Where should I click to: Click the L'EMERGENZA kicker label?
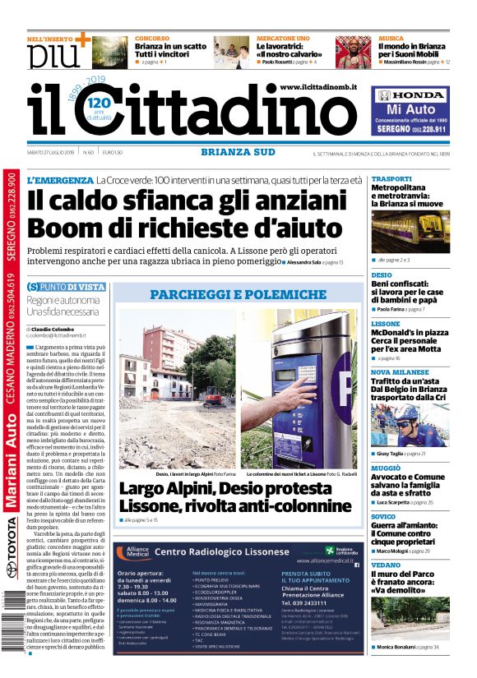click(x=60, y=180)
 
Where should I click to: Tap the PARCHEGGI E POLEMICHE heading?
click(x=238, y=293)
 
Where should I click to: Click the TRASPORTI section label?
click(x=391, y=179)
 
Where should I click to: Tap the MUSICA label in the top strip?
click(x=391, y=39)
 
